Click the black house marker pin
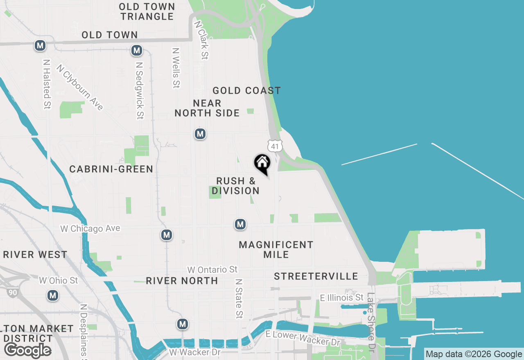click(x=262, y=163)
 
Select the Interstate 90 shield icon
click(x=12, y=292)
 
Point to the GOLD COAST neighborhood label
click(x=246, y=90)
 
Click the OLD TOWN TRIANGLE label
click(x=147, y=11)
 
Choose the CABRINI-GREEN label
click(x=111, y=169)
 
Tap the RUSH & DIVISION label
click(x=235, y=186)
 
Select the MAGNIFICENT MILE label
click(x=276, y=250)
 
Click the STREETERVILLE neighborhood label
click(x=316, y=276)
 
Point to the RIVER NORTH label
click(x=182, y=281)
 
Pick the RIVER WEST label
click(x=35, y=254)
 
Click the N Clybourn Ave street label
click(x=80, y=87)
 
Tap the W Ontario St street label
click(x=212, y=270)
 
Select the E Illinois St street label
click(x=341, y=297)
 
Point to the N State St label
click(x=239, y=299)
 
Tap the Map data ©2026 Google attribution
click(x=474, y=354)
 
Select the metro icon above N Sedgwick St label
click(x=136, y=51)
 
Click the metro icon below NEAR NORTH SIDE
click(x=200, y=134)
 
